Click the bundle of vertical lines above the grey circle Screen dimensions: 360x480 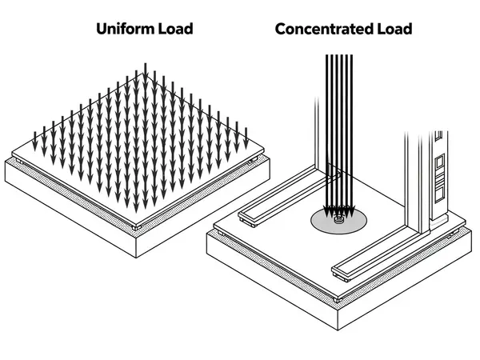click(340, 120)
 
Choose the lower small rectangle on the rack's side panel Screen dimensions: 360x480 click(438, 192)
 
